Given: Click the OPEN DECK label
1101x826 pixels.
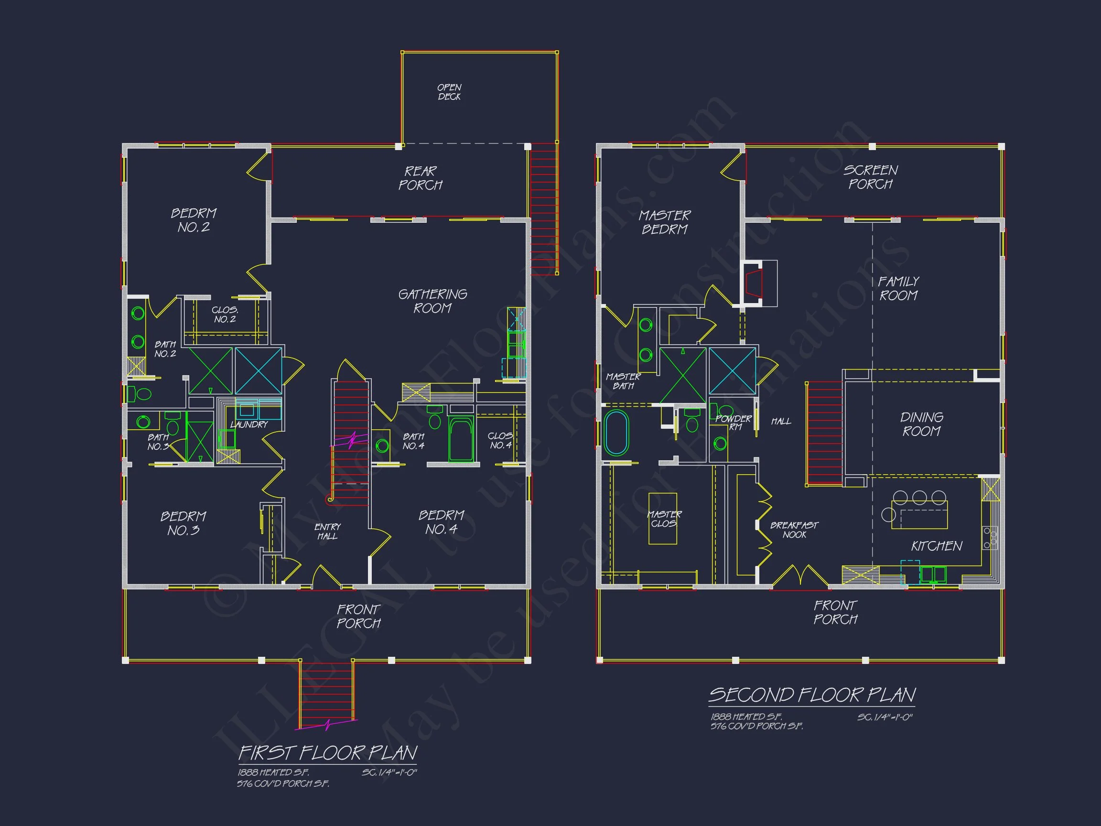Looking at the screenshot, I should coord(449,92).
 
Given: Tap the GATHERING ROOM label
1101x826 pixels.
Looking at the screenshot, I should coord(432,301).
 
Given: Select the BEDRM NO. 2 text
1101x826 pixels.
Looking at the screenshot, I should coord(194,220).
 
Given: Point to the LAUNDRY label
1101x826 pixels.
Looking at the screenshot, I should coord(249,424).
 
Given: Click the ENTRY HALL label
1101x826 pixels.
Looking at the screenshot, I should coord(327,531).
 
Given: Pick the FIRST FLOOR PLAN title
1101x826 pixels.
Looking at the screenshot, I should coord(327,752).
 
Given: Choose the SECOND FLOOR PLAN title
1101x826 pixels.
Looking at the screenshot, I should coord(812,695).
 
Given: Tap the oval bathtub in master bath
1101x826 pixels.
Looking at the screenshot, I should coord(616,432).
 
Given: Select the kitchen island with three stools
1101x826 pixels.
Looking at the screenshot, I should coord(919,514).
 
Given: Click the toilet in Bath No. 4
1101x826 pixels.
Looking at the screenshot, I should coord(434,418).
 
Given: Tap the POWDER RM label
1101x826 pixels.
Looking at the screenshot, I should coord(734,422).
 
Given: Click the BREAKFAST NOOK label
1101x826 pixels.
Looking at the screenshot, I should coord(794,530).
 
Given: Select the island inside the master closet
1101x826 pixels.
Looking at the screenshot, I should coord(662,518).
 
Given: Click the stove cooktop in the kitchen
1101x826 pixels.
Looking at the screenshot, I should coord(990,538).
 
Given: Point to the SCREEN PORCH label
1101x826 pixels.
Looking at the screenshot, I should coord(871,177).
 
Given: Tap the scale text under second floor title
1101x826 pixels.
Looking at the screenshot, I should coord(885,717).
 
